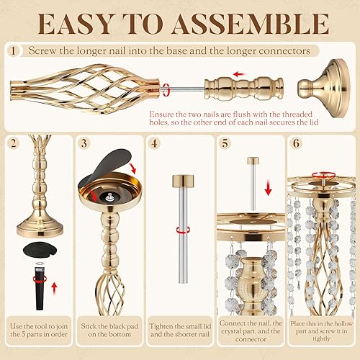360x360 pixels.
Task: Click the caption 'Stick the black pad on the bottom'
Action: click(x=108, y=334)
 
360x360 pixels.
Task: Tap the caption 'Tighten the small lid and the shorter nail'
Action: click(x=179, y=334)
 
